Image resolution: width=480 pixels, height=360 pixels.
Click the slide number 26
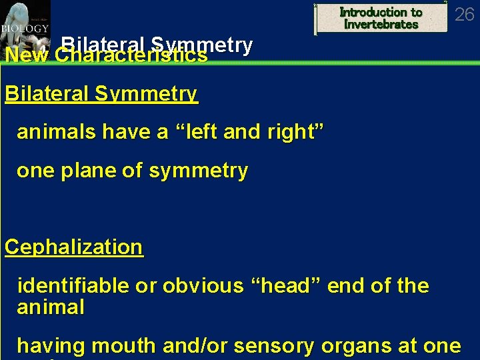pos(464,13)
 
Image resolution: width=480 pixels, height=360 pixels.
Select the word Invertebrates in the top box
pos(381,25)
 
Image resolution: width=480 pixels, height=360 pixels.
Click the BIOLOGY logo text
pos(23,29)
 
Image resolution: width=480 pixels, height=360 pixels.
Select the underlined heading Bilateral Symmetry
pos(101,94)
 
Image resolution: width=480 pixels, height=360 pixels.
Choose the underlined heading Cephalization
pos(73,247)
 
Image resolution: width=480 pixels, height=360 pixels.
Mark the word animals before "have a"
pos(57,132)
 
